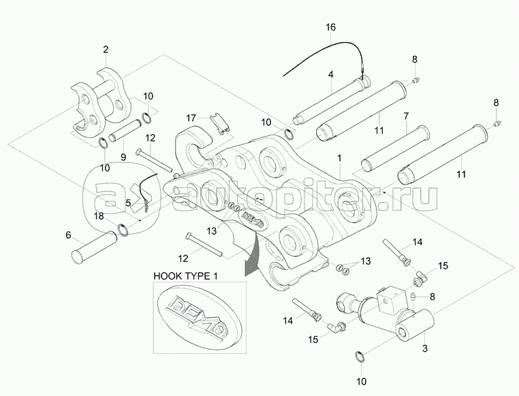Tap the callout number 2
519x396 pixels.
click(106, 49)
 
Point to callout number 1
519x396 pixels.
click(339, 157)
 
